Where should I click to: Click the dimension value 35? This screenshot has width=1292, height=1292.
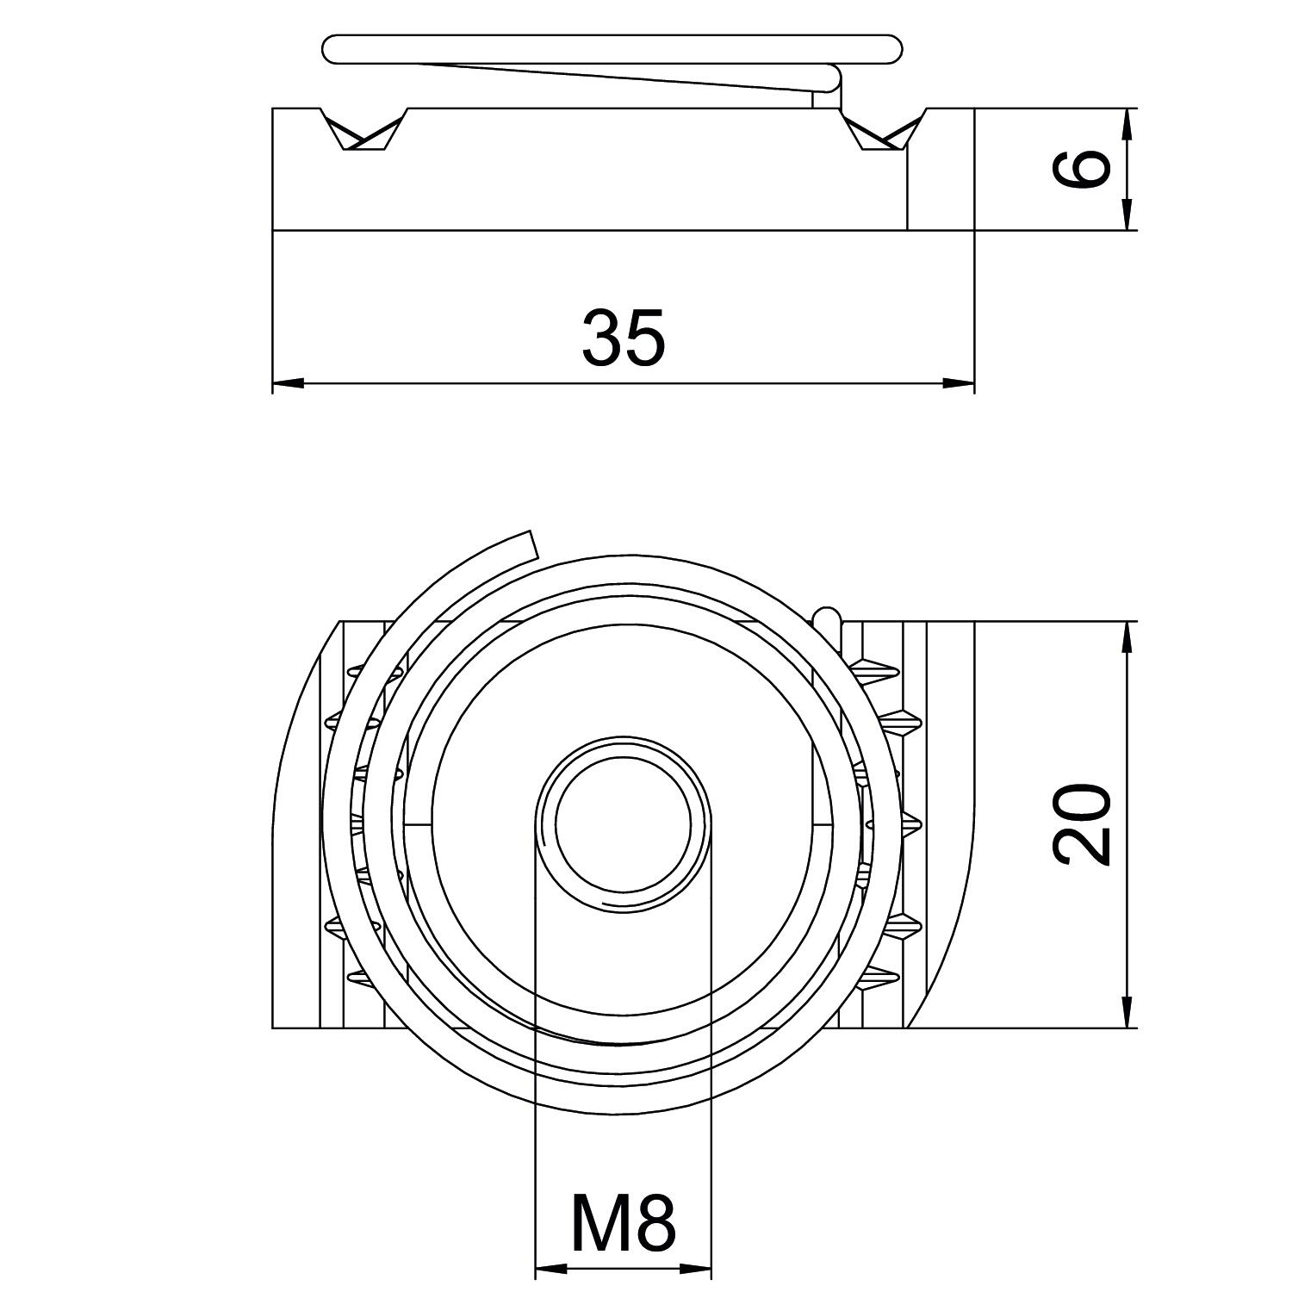(x=624, y=337)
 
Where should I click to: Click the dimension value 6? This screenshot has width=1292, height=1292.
(x=1081, y=168)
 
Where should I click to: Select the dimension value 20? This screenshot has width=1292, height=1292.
(x=1081, y=823)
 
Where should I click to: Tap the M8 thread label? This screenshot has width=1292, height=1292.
(x=623, y=1224)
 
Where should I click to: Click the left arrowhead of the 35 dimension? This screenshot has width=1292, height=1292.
(x=289, y=382)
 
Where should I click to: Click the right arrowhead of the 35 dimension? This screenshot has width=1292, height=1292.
(x=959, y=382)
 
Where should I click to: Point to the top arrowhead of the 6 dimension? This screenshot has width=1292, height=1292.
(x=1126, y=125)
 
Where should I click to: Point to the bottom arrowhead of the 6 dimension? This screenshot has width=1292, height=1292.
(x=1126, y=214)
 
